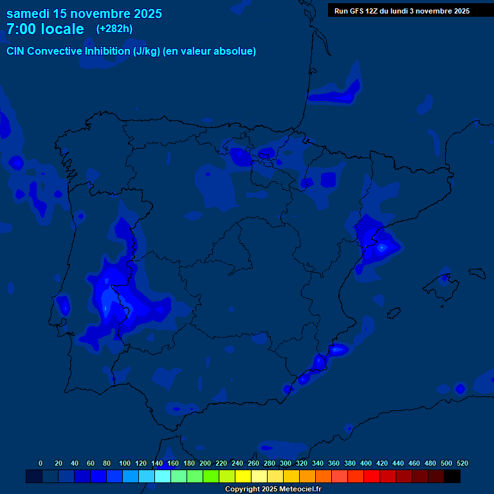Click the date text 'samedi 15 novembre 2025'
[x=84, y=14]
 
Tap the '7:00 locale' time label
[x=45, y=29]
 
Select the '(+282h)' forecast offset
[x=114, y=29]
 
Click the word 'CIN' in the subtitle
[x=17, y=51]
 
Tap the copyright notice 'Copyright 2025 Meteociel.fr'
[x=273, y=489]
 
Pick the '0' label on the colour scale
[x=41, y=463]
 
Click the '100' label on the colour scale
[x=124, y=463]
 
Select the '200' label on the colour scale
[x=205, y=463]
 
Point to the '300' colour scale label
[x=286, y=463]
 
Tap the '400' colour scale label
[x=366, y=463]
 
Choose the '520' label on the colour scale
[x=462, y=463]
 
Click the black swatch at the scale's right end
[x=452, y=476]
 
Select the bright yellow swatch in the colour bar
[x=243, y=476]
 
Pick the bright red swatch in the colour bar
[x=372, y=476]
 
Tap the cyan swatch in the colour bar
[x=163, y=476]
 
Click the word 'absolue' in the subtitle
[x=236, y=51]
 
